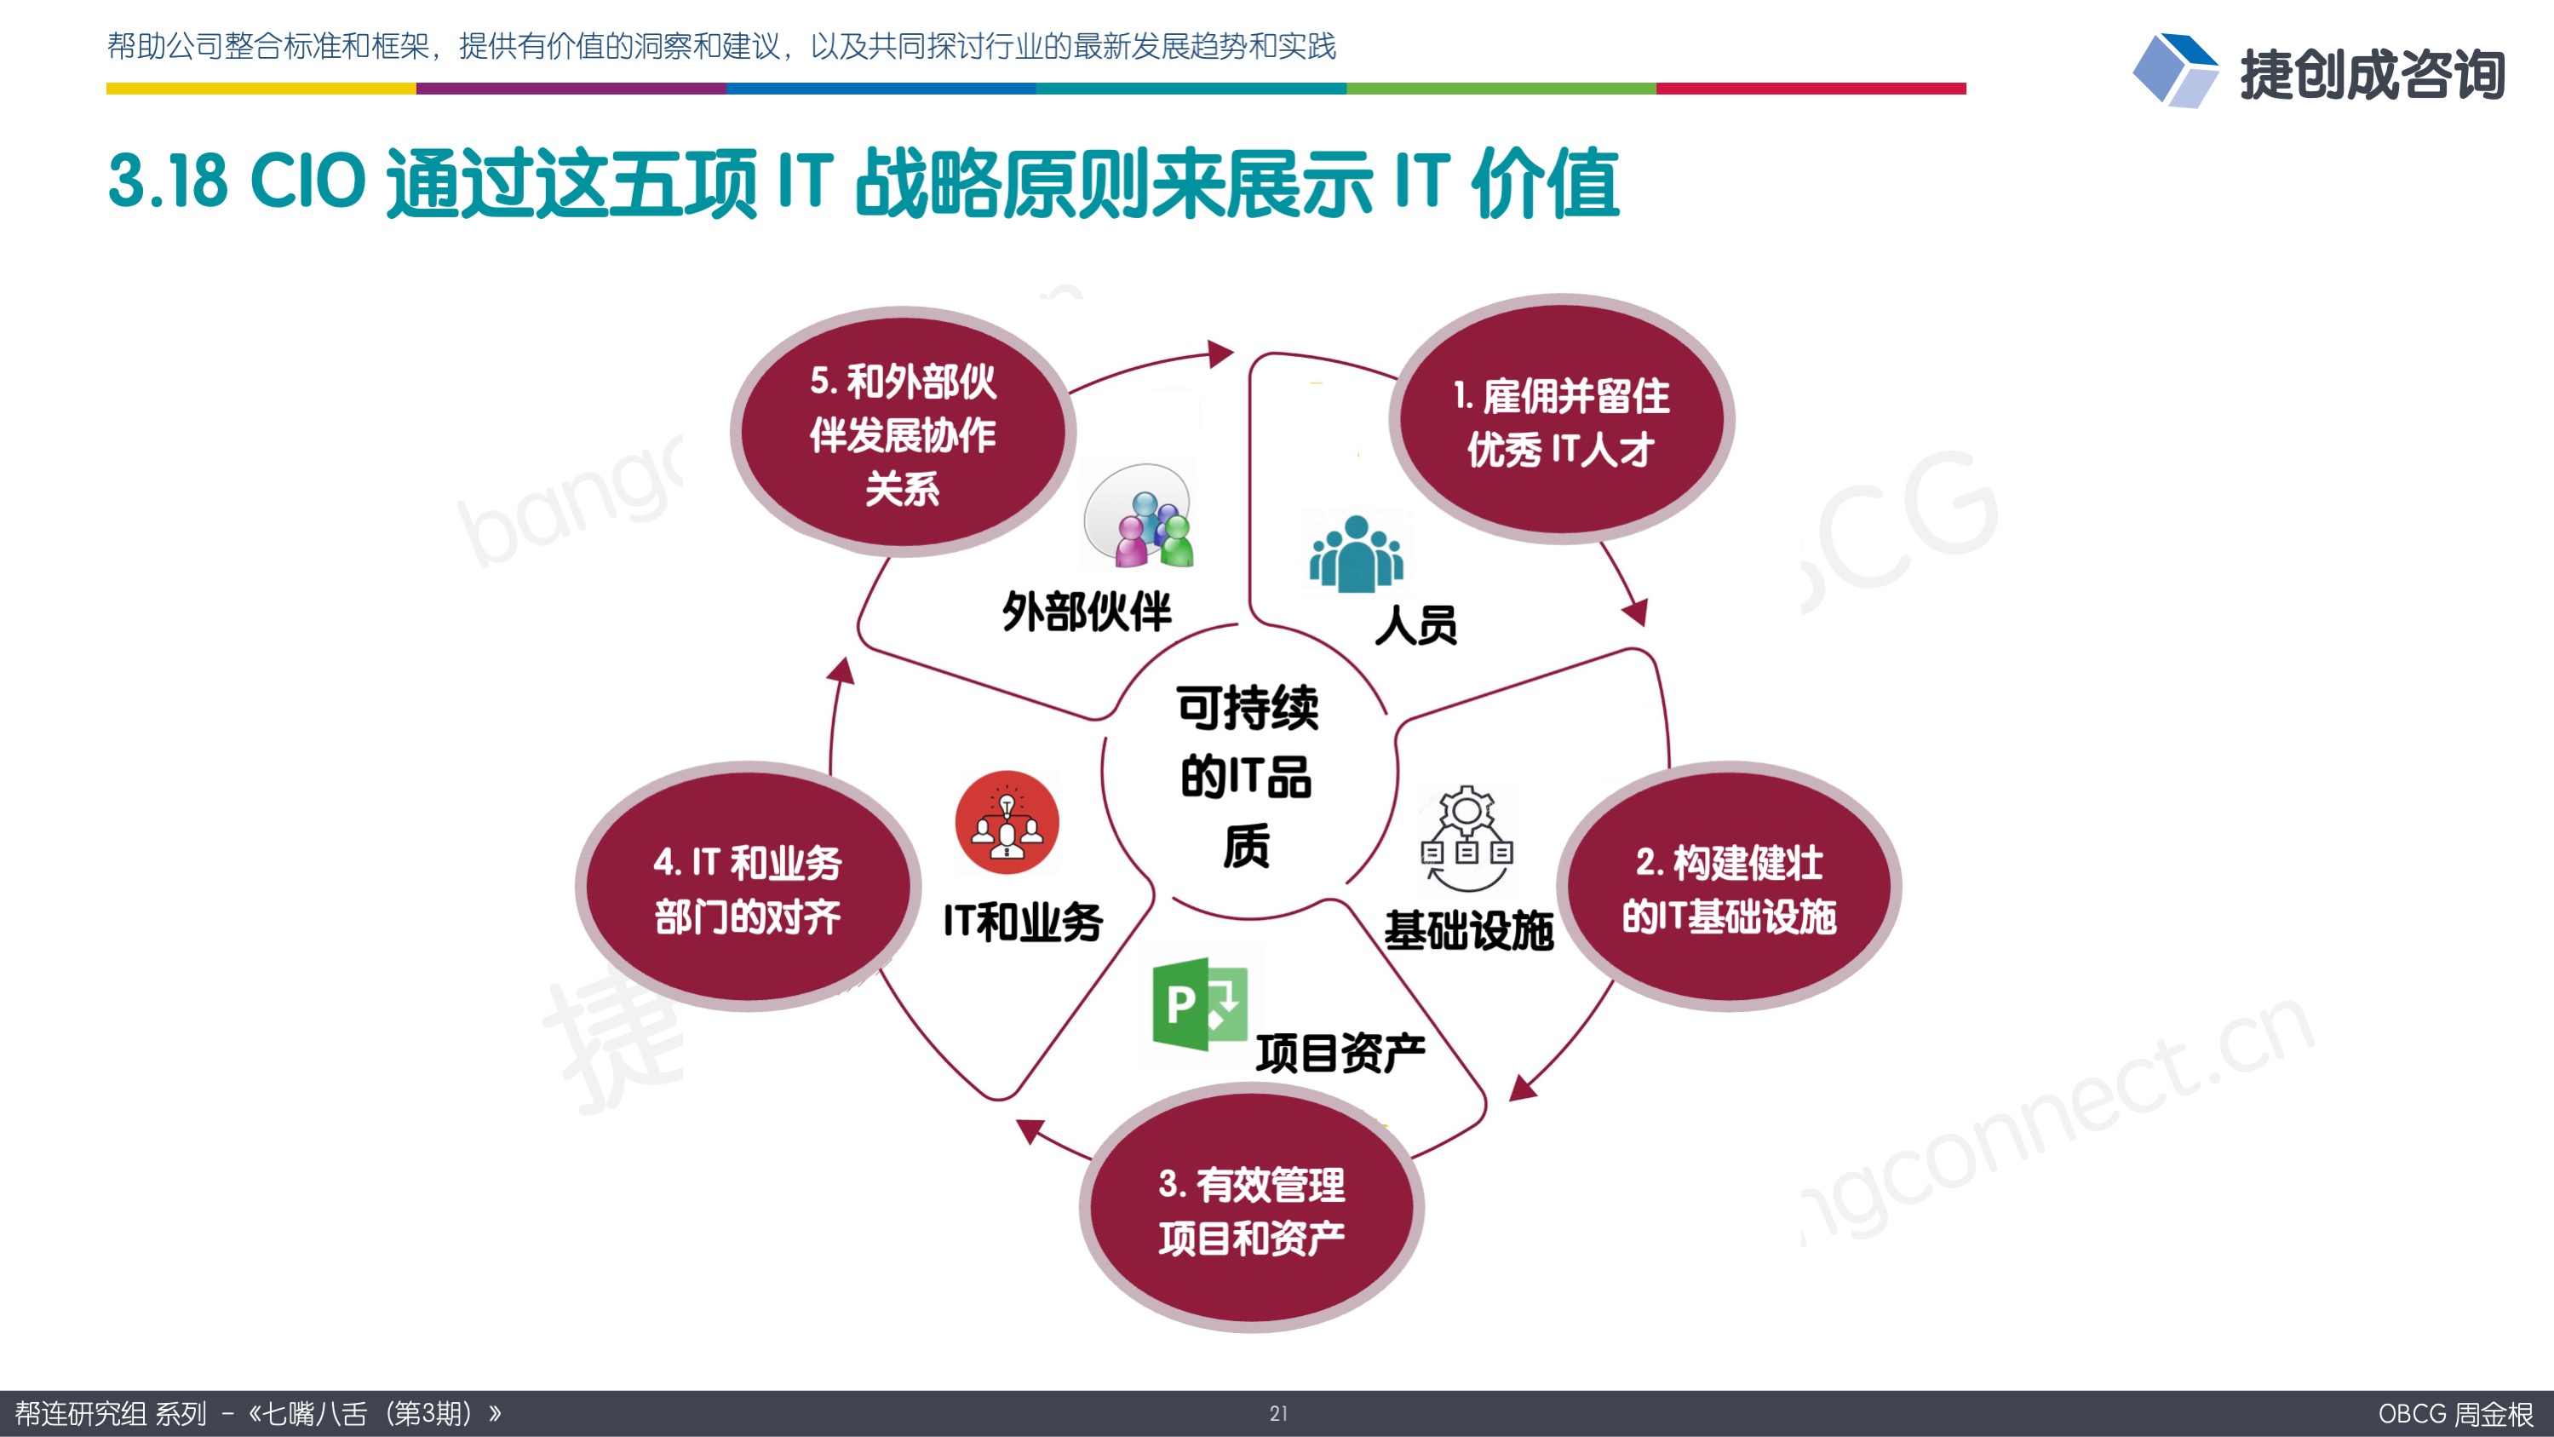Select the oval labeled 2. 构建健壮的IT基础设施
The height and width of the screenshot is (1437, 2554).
pos(1729,887)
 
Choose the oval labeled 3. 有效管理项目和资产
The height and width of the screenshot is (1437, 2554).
pos(1251,1208)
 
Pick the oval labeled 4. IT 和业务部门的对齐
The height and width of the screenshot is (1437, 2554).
pos(748,887)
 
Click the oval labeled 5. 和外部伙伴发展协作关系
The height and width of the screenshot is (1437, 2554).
pos(902,433)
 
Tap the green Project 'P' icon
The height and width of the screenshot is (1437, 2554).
pos(1200,1003)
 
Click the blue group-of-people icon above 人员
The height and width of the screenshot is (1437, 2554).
pos(1357,554)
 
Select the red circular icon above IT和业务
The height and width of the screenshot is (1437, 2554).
pos(1007,822)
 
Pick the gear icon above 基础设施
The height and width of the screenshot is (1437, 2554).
pos(1467,839)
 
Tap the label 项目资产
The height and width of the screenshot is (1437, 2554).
pos(1340,1053)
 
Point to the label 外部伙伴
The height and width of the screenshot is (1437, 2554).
pos(1087,611)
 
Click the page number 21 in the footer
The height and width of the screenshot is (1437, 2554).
pos(1278,1413)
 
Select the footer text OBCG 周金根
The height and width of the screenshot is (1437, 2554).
pos(2455,1413)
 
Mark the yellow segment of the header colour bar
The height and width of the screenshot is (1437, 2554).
pos(261,89)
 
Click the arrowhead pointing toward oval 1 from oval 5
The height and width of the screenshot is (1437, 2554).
pos(1220,353)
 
